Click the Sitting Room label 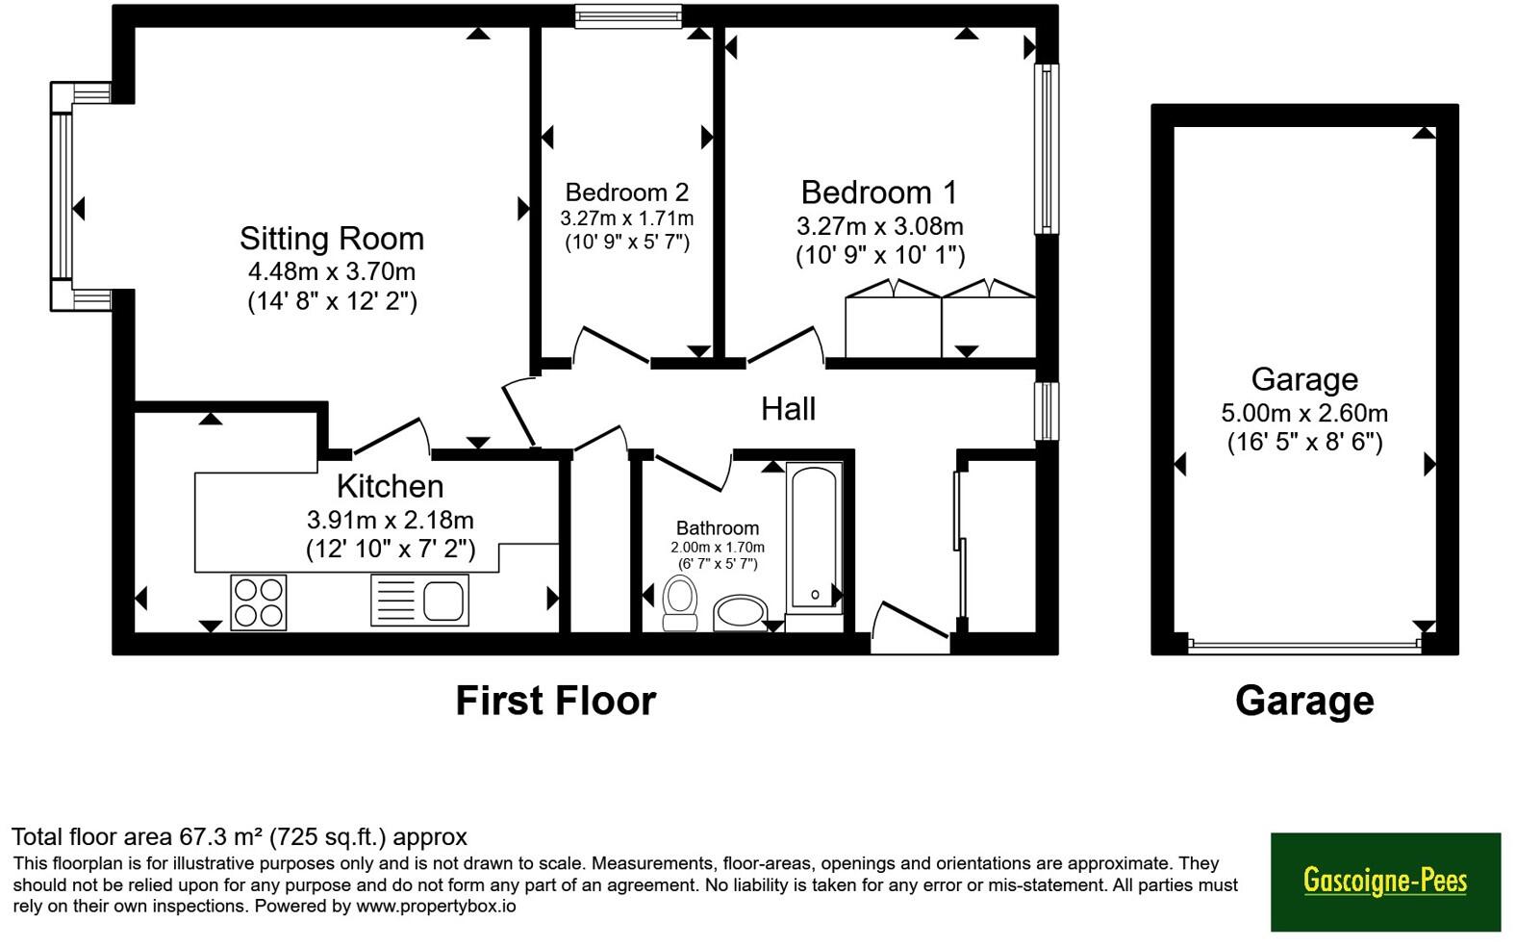(332, 239)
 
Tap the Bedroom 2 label (627, 192)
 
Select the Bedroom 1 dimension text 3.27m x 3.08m (880, 226)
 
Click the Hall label (788, 409)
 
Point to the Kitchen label (390, 486)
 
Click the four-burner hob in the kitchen (259, 602)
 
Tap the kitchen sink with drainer (419, 600)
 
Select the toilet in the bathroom (680, 602)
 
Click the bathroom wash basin (741, 612)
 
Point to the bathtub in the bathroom (815, 538)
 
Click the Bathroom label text (718, 528)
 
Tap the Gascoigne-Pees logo (1385, 882)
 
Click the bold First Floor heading (556, 701)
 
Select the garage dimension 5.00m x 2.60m (1304, 413)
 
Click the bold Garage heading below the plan (1304, 702)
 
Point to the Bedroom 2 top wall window (628, 15)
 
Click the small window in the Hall (1047, 411)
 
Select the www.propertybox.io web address (436, 906)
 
